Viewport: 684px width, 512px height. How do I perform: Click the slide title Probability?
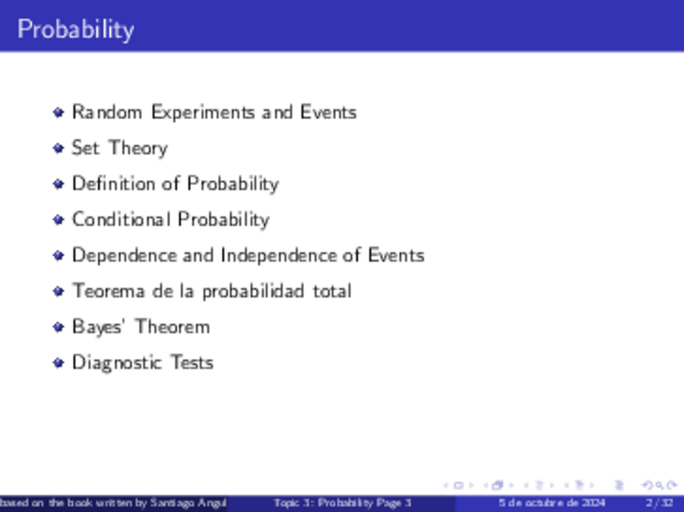click(76, 30)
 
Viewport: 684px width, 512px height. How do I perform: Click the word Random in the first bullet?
click(106, 112)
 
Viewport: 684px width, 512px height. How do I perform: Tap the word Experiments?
click(202, 113)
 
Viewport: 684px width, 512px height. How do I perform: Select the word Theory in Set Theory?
click(138, 148)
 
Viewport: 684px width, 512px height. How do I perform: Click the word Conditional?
click(121, 219)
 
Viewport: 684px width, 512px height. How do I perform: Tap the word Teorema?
click(108, 291)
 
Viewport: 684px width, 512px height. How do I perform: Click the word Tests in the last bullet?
click(192, 362)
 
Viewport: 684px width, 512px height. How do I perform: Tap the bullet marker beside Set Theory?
click(58, 148)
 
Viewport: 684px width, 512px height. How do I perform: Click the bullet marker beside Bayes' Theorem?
click(58, 327)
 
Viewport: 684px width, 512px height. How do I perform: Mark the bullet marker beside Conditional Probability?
click(58, 220)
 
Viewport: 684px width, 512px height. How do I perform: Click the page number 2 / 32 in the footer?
click(659, 503)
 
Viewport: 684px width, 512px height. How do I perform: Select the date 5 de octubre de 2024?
click(552, 503)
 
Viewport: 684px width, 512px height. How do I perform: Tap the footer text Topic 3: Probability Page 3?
click(343, 503)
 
